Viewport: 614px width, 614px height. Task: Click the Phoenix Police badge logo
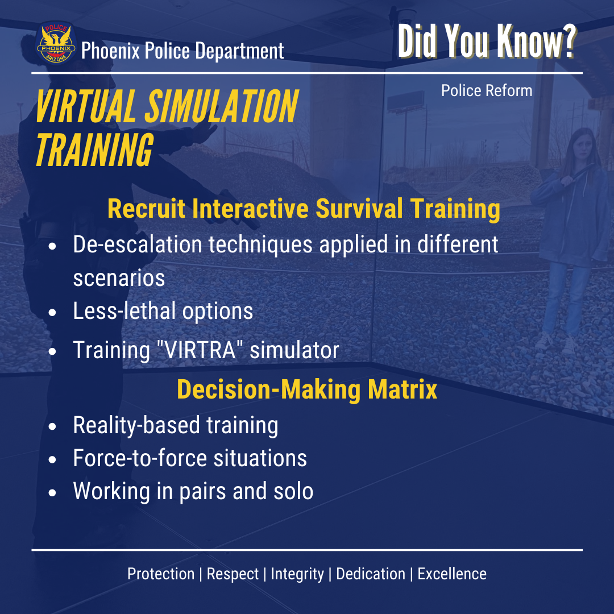point(56,43)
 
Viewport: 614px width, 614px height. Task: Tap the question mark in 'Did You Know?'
point(567,41)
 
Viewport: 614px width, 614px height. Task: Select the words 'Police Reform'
point(487,90)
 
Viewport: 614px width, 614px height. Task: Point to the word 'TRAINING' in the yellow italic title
point(95,149)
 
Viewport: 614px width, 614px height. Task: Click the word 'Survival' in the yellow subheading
point(359,208)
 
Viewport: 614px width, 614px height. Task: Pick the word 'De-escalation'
point(138,244)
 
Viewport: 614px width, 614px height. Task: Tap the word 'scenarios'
point(119,277)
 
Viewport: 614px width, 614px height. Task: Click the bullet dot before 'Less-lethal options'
point(52,312)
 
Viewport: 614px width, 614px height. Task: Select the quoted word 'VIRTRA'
point(200,350)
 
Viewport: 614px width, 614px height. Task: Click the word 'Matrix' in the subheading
point(402,389)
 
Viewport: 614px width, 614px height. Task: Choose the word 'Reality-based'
point(136,425)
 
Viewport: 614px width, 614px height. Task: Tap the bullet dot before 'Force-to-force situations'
point(52,459)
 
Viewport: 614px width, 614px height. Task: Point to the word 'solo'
point(293,491)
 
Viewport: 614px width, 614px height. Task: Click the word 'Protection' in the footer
point(161,574)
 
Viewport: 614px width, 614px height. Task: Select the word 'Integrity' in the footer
point(297,574)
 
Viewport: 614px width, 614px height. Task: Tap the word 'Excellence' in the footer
point(452,574)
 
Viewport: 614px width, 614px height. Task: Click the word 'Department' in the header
point(239,51)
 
